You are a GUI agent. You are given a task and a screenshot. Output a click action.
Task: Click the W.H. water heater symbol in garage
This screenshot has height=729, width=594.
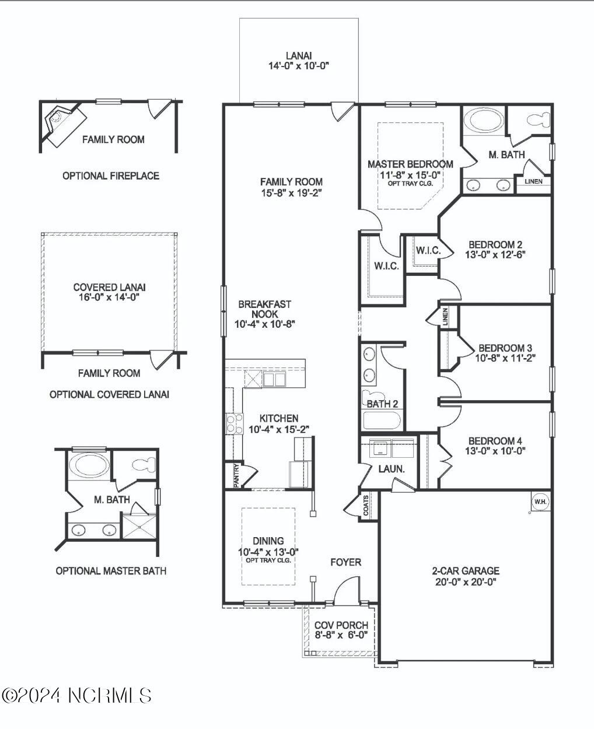point(540,502)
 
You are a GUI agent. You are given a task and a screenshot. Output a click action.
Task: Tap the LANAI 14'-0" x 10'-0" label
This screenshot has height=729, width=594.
point(299,61)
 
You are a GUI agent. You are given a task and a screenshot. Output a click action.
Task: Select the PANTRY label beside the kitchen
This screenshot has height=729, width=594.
point(236,475)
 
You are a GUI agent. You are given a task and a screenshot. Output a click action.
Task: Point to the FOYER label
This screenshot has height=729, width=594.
point(345,562)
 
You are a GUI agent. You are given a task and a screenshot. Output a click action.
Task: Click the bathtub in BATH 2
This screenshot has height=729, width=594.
point(382,420)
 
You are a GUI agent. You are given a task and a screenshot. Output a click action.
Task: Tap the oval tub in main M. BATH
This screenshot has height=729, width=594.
point(482,121)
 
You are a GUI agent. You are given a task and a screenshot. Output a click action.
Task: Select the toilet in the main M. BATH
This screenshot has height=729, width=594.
point(538,120)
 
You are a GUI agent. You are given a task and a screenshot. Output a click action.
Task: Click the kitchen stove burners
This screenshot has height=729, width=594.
point(234,423)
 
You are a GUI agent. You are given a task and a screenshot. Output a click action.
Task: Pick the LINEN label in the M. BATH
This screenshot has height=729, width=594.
point(533,181)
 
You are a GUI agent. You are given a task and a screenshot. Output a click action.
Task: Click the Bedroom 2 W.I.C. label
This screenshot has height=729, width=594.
point(427,251)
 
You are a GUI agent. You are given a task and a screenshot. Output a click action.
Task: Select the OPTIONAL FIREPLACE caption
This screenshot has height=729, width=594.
point(111,176)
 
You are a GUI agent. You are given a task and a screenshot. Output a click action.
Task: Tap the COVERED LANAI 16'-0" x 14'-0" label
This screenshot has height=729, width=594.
point(109,292)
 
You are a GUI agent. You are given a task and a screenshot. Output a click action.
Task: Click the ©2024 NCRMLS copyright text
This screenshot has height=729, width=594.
point(77,695)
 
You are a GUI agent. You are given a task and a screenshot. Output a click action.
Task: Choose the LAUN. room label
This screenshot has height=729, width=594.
point(391,468)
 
